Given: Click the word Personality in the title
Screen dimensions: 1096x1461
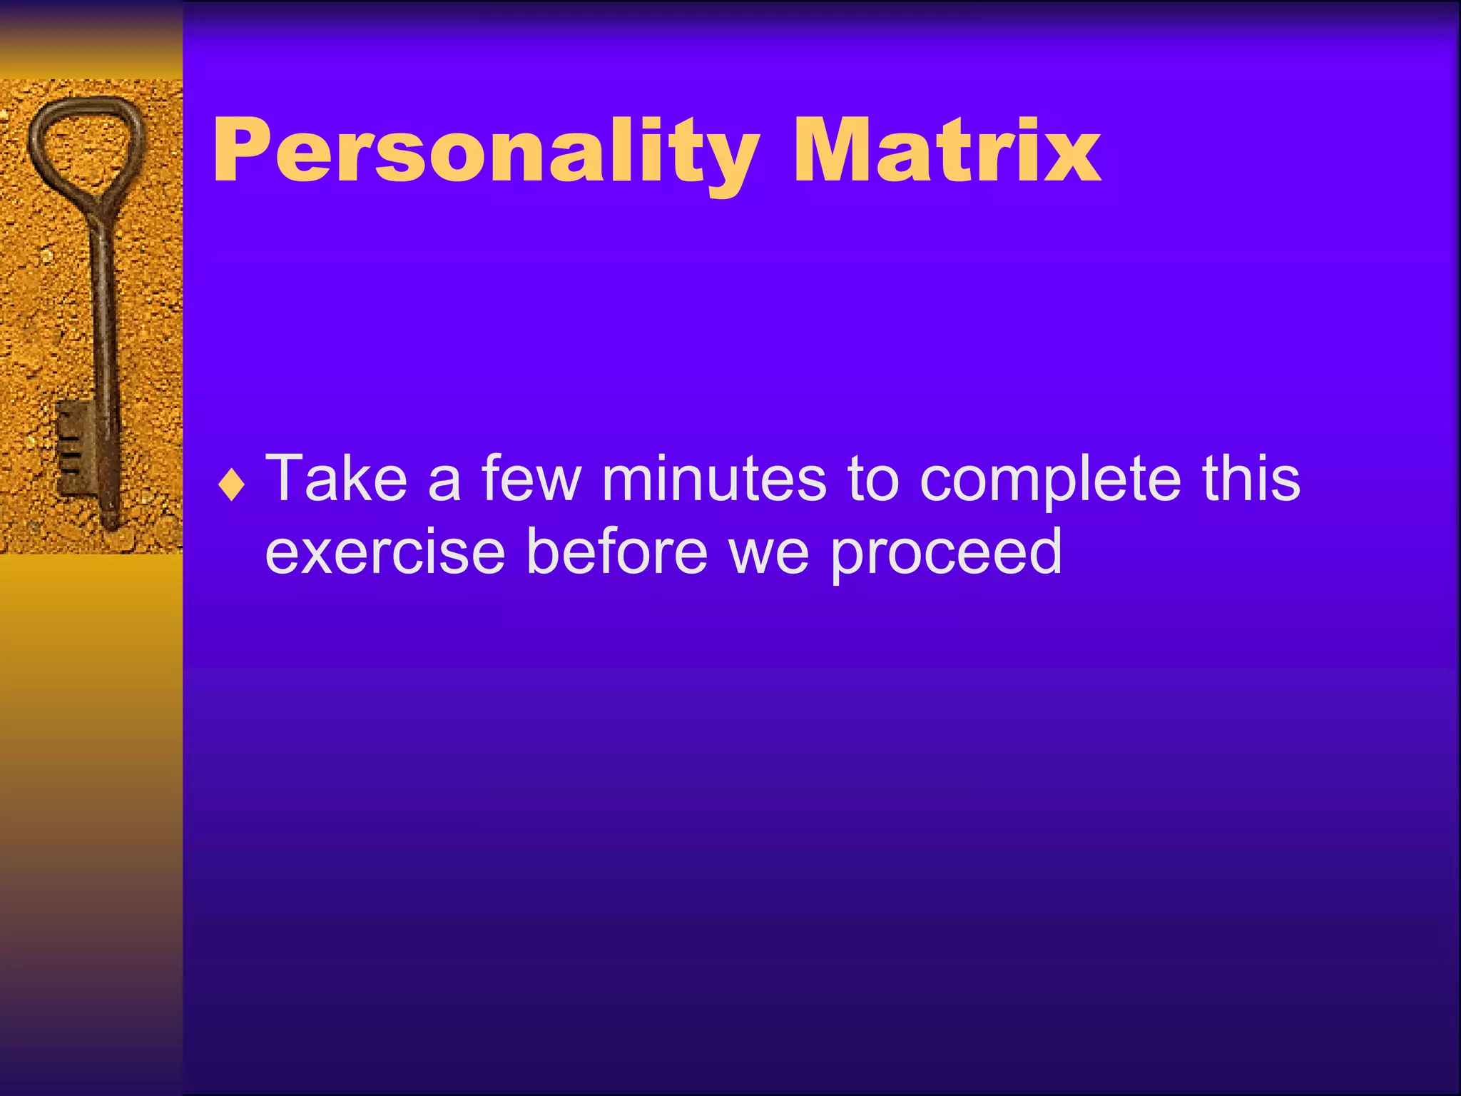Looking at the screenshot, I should click(485, 152).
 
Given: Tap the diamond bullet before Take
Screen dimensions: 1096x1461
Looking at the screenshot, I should click(232, 487).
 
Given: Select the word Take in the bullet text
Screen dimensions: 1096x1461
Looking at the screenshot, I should click(336, 479).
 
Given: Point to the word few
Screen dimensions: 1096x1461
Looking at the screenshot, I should click(531, 479).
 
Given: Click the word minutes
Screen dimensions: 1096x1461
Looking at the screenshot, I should click(713, 479).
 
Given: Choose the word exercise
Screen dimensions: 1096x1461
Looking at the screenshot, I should click(385, 552).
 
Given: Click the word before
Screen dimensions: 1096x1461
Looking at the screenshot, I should click(616, 552).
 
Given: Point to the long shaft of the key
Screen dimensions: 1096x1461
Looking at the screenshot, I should click(103, 314).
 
